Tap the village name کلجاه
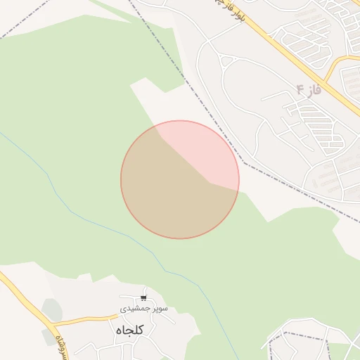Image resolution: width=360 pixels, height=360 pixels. point(127,328)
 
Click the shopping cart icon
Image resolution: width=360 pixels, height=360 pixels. point(143,298)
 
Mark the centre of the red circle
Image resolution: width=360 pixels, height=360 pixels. point(180,180)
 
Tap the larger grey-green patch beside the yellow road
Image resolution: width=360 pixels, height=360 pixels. point(51,309)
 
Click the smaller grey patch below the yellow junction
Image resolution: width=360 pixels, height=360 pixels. point(46,337)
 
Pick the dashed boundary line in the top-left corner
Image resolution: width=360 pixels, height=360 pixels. point(21,25)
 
